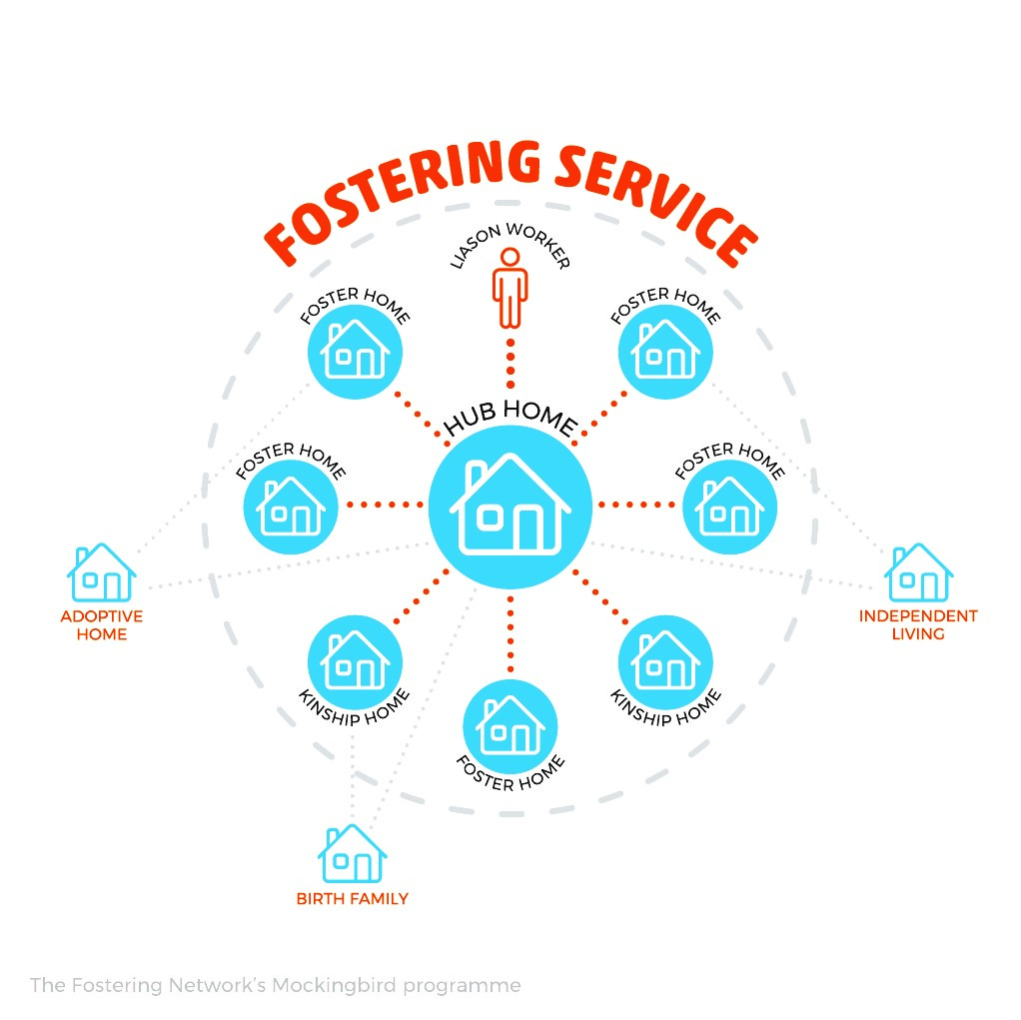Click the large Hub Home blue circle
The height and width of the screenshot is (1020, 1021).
pyautogui.click(x=510, y=507)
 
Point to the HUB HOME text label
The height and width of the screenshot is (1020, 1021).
pyautogui.click(x=510, y=417)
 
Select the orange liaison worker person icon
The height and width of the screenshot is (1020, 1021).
pyautogui.click(x=510, y=288)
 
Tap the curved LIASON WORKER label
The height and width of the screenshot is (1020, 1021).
pyautogui.click(x=510, y=245)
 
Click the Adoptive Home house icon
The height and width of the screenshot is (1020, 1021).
pyautogui.click(x=102, y=571)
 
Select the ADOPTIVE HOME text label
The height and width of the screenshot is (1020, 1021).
pyautogui.click(x=102, y=624)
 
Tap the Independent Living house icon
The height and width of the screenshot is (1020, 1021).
pyautogui.click(x=918, y=571)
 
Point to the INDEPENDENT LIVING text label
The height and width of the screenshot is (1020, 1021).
pyautogui.click(x=918, y=624)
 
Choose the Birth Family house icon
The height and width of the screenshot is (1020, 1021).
pyautogui.click(x=353, y=853)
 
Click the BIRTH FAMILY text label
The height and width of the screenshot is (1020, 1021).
pyautogui.click(x=353, y=899)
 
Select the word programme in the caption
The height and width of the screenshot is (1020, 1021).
pyautogui.click(x=462, y=986)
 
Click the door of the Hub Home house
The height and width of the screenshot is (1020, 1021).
pyautogui.click(x=528, y=528)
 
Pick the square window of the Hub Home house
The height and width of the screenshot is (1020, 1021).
pyautogui.click(x=491, y=517)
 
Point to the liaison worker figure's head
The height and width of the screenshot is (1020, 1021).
pyautogui.click(x=510, y=257)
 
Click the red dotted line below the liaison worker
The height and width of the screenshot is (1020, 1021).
pyautogui.click(x=510, y=364)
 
